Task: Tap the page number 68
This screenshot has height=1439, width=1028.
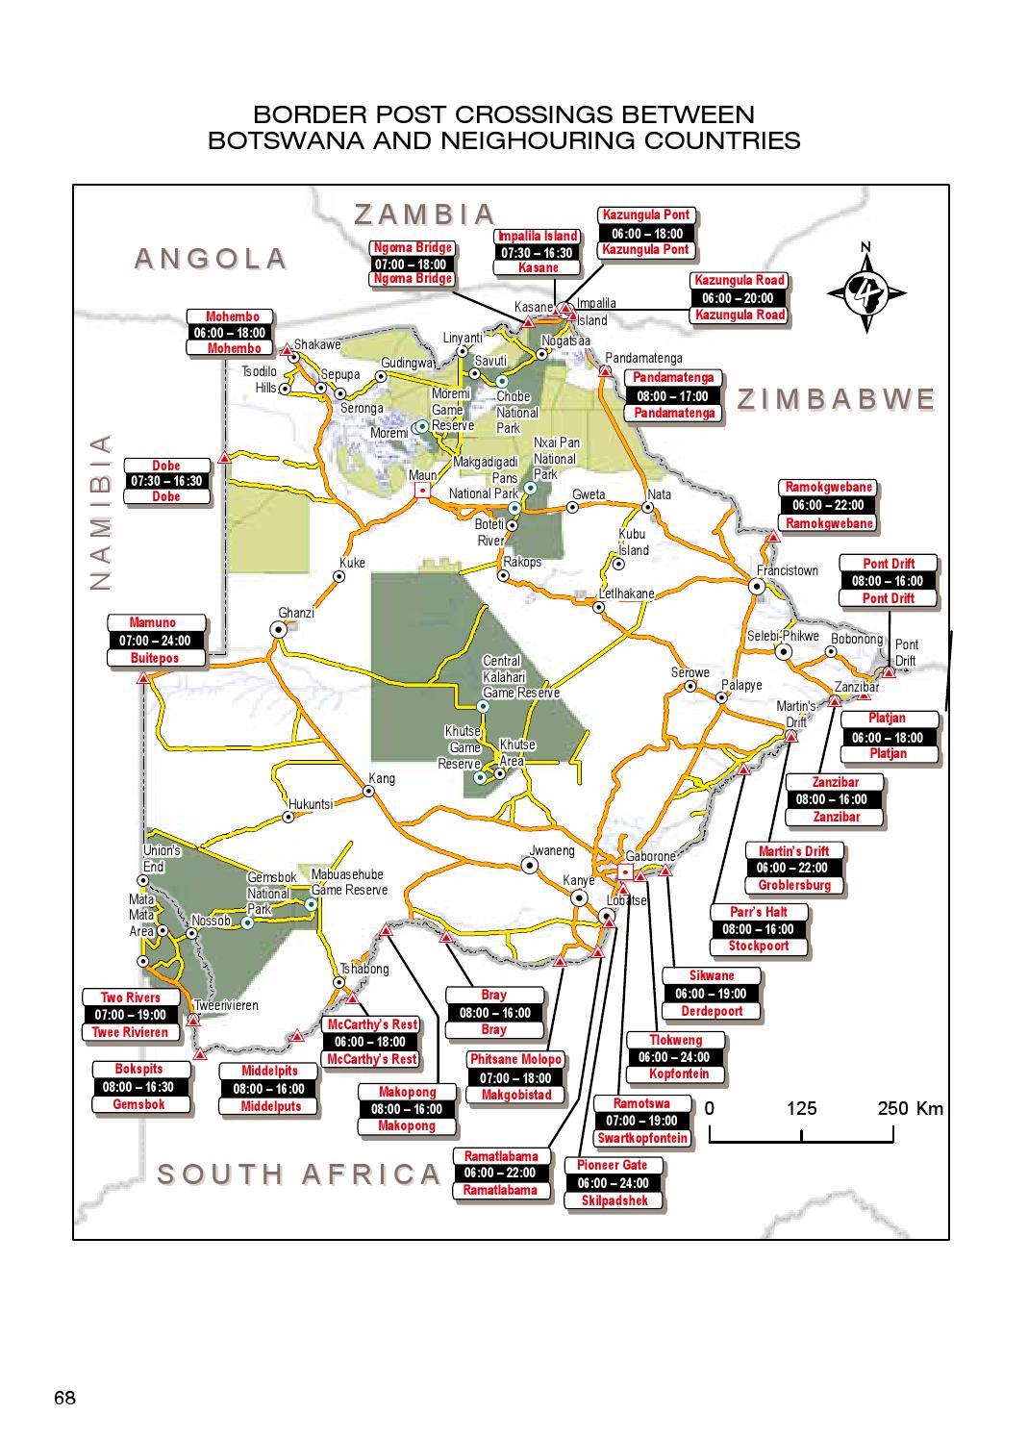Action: [x=64, y=1399]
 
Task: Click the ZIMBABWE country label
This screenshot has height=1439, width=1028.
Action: [x=837, y=400]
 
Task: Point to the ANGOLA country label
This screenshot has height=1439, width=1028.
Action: [x=211, y=259]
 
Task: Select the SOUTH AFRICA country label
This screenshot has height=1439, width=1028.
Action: [x=299, y=1174]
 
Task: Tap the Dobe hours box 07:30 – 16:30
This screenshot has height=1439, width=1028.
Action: [x=166, y=481]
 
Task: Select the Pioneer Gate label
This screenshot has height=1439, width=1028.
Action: [x=613, y=1166]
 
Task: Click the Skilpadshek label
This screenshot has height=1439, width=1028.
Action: [x=614, y=1200]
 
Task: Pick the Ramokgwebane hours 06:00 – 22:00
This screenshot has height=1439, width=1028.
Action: [x=828, y=505]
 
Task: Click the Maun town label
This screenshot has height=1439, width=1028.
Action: [x=423, y=475]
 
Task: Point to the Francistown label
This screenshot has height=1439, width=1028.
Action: [x=787, y=570]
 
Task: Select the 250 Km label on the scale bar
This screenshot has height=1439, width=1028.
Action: [x=910, y=1108]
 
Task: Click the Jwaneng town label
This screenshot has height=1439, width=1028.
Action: [x=552, y=850]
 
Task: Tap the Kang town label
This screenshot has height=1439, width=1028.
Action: [x=382, y=778]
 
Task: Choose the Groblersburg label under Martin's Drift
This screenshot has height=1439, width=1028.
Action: [x=793, y=885]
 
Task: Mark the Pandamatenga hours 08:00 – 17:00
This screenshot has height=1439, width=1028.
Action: [x=673, y=396]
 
